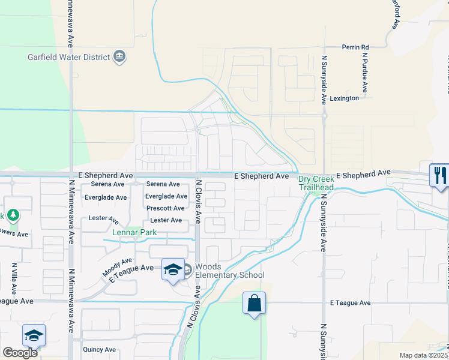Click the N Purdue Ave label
365,74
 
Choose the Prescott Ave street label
166,208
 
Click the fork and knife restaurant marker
439,175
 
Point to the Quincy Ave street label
99,349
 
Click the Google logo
21,353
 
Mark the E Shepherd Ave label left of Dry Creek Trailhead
261,176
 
